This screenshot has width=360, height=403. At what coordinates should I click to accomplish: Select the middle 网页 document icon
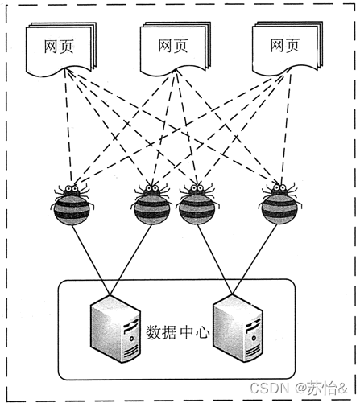point(174,46)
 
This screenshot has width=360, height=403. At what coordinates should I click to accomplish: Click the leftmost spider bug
point(73,205)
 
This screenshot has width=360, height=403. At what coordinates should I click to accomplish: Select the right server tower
point(238,331)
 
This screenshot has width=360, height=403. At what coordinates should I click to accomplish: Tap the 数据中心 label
point(177,331)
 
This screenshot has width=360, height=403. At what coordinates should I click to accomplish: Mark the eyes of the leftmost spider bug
point(72,191)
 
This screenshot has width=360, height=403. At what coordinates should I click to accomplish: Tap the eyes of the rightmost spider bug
point(277,191)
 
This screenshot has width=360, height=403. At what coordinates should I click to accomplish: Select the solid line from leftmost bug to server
point(89,253)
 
